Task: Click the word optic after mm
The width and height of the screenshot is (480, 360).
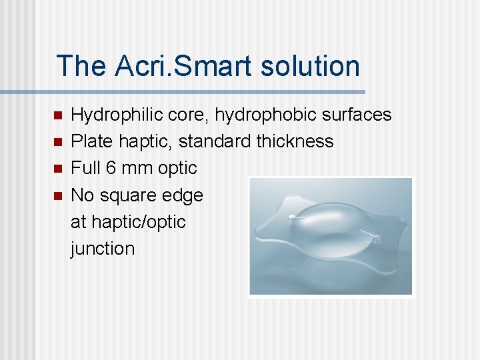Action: [178, 168]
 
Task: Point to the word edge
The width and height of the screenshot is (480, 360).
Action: [185, 195]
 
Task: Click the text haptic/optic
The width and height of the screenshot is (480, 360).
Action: [128, 222]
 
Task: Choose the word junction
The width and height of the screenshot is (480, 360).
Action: [103, 249]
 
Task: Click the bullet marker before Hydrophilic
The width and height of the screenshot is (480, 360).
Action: [57, 115]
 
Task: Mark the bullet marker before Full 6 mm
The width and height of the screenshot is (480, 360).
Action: [57, 169]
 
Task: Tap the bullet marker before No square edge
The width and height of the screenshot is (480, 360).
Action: [57, 196]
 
